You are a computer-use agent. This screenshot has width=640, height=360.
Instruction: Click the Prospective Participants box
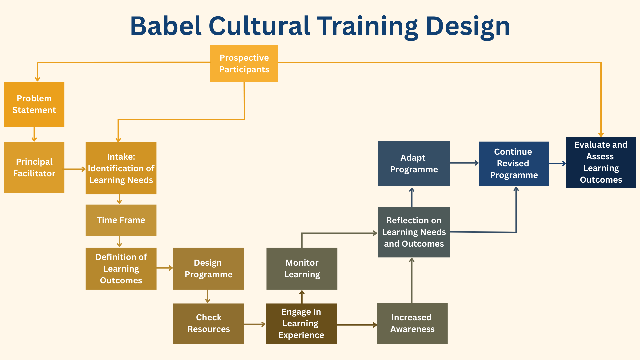pos(244,64)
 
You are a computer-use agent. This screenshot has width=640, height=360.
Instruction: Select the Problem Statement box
pos(34,104)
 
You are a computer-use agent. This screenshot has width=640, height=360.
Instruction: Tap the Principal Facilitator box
pos(34,168)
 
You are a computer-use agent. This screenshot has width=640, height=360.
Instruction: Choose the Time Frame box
pos(121,220)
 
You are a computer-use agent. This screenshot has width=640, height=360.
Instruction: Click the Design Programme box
pos(209,269)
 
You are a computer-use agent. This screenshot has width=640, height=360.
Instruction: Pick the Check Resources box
pos(209,323)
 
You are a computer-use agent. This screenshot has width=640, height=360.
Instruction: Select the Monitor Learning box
pos(302,269)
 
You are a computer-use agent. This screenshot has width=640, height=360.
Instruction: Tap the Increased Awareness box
pos(412,323)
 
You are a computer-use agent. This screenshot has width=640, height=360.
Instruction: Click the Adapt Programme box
pos(414,164)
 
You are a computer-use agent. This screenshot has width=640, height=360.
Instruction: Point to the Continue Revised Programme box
pos(514,164)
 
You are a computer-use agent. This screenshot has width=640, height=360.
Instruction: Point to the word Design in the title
pos(468,27)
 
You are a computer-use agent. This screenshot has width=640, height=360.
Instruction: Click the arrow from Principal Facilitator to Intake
pos(75,169)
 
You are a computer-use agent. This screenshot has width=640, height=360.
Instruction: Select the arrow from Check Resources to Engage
pos(255,324)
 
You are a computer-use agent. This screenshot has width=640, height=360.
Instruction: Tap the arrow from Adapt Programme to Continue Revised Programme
pos(465,163)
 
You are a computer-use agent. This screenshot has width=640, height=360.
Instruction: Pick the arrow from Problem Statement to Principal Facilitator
pos(34,134)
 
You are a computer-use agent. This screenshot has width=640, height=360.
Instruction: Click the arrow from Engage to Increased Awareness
pos(357,325)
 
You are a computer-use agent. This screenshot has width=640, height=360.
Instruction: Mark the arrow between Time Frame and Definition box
pos(119,242)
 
